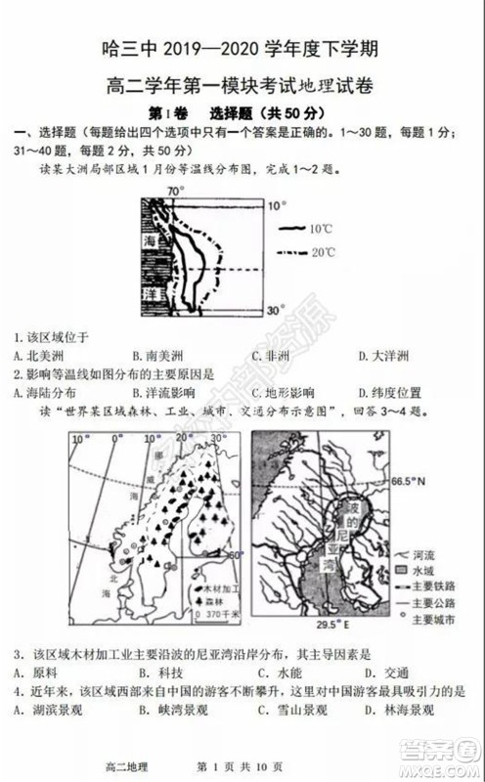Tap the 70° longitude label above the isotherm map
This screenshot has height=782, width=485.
click(x=175, y=191)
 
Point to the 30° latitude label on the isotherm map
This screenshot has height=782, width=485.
click(x=278, y=310)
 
